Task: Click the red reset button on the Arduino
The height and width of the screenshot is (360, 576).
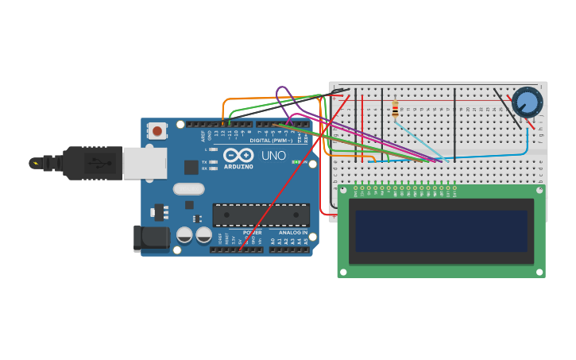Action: point(157,130)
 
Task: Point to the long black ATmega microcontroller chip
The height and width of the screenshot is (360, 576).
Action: point(261,215)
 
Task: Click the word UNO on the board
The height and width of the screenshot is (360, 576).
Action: point(273,156)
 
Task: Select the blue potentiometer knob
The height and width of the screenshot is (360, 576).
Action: point(526,103)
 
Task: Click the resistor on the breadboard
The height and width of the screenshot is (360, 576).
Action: point(395,108)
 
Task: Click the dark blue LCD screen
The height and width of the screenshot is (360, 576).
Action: point(441,231)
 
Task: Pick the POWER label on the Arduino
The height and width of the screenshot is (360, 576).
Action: point(252,233)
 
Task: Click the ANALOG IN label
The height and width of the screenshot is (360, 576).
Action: point(292,233)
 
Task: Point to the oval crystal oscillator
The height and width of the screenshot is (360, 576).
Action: point(188,189)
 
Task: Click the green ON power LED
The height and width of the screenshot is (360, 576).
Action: point(295,162)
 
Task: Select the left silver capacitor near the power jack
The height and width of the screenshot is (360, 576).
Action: point(184,235)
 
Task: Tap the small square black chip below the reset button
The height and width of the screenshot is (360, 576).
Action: point(191,167)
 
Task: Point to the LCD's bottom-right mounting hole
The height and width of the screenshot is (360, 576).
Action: point(539,272)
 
